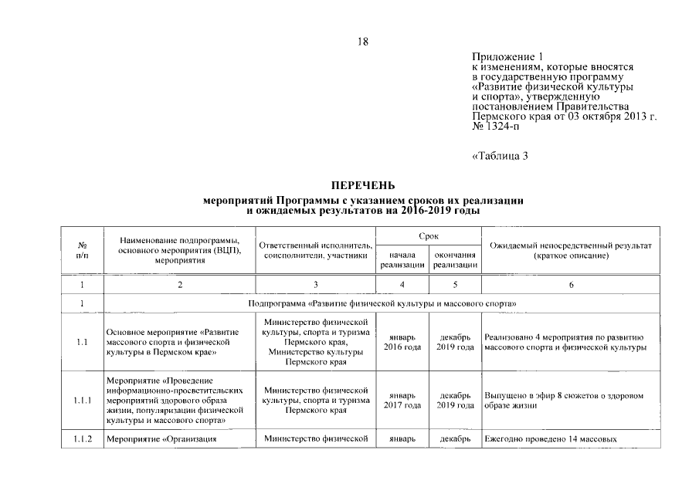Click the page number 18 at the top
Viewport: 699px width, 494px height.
pyautogui.click(x=362, y=42)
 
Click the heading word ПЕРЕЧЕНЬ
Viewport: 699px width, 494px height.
pyautogui.click(x=362, y=185)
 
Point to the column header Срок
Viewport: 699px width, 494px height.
pyautogui.click(x=429, y=235)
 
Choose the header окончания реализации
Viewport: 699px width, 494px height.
pyautogui.click(x=455, y=259)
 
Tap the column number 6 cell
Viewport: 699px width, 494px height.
pyautogui.click(x=571, y=285)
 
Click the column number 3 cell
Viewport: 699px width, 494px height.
pyautogui.click(x=315, y=285)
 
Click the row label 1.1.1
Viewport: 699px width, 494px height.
pyautogui.click(x=82, y=401)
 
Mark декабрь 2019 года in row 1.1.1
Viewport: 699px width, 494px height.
pyautogui.click(x=455, y=401)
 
